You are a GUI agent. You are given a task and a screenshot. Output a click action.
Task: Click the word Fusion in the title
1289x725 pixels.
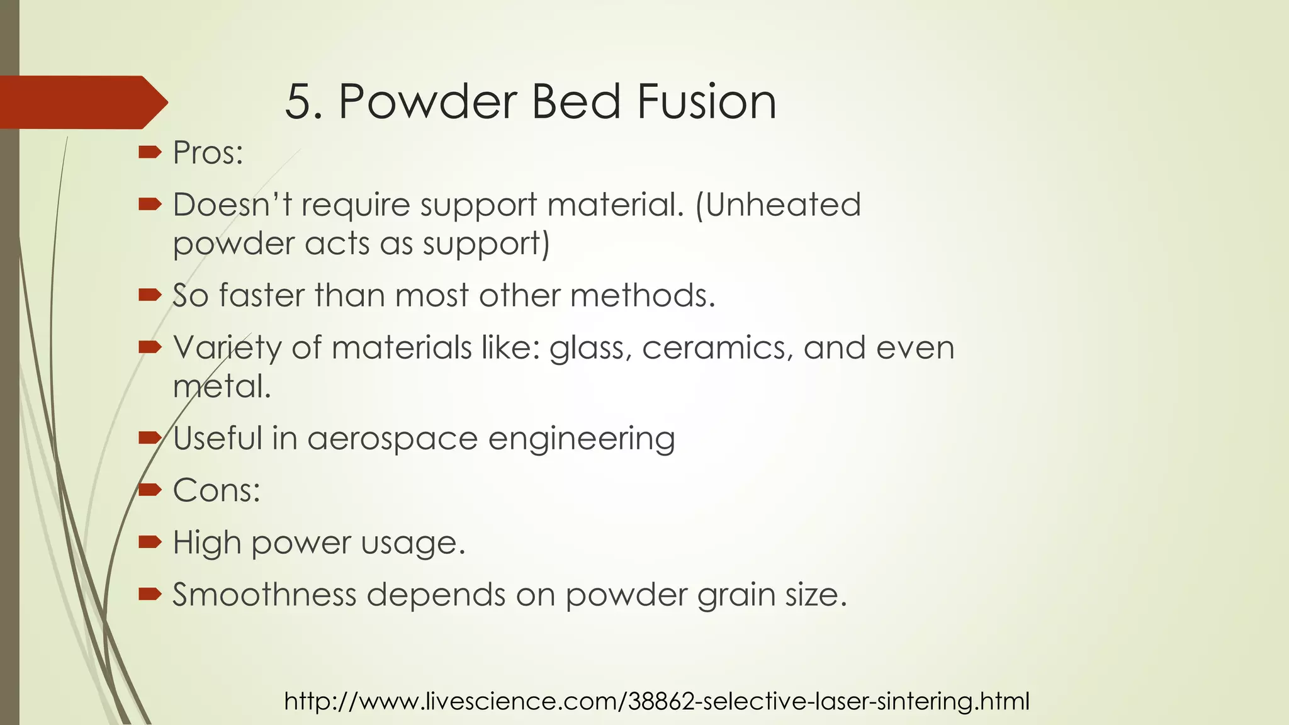[706, 101]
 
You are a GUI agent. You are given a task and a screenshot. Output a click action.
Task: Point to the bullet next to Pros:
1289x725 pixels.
[150, 152]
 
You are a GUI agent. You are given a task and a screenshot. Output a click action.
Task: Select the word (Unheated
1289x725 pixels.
[778, 205]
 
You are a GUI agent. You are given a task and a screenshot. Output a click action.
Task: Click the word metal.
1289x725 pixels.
[222, 386]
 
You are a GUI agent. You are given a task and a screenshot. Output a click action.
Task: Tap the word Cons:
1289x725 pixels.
[217, 490]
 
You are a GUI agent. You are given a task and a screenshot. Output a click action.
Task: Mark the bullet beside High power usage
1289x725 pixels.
[150, 541]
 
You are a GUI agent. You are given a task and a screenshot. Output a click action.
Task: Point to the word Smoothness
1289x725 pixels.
[264, 595]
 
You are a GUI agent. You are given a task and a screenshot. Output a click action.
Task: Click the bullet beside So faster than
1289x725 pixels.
[150, 295]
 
